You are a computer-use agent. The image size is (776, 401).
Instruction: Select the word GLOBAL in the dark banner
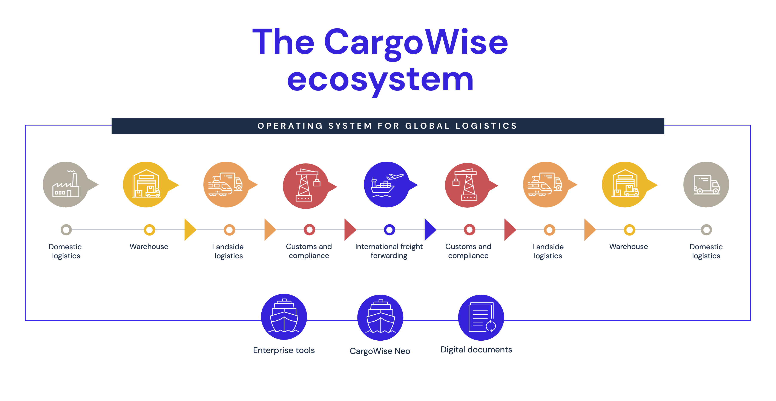click(428, 126)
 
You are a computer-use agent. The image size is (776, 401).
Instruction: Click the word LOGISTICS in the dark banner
click(486, 126)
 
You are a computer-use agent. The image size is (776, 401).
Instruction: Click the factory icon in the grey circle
click(66, 184)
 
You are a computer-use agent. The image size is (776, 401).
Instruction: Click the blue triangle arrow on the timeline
click(430, 230)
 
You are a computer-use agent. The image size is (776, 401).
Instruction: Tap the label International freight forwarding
click(389, 251)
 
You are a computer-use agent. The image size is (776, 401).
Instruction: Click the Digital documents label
click(476, 350)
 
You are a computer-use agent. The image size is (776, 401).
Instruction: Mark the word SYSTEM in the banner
click(350, 126)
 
